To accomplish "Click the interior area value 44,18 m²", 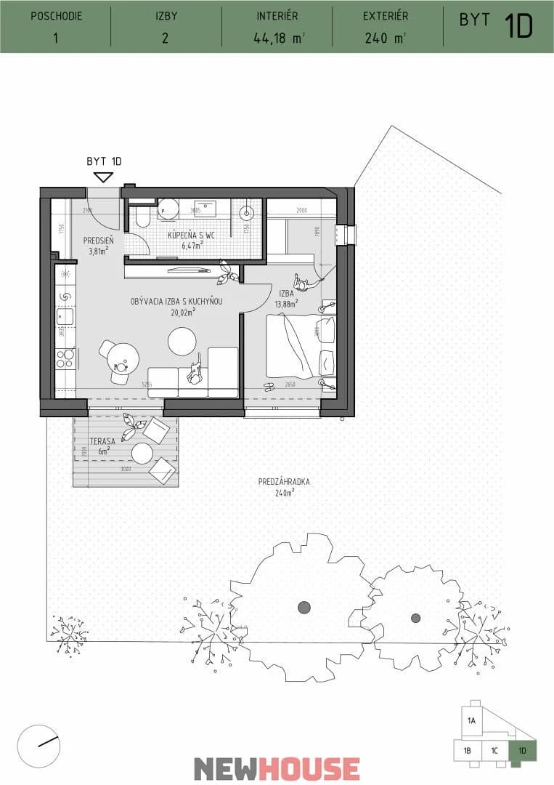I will click(275, 39).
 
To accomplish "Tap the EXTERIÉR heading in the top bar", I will click(386, 16).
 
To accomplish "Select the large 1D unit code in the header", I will click(519, 26).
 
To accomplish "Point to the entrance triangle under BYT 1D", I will click(104, 177).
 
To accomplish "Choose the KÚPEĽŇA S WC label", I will click(190, 235).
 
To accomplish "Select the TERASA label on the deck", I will click(99, 441).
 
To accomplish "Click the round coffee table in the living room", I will click(182, 341).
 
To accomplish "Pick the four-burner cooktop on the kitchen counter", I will click(65, 358).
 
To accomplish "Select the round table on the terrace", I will click(142, 453).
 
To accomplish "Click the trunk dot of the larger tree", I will click(304, 607).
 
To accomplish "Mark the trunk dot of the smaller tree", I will click(415, 619).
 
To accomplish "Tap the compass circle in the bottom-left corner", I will click(40, 746).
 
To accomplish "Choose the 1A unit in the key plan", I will click(471, 721).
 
